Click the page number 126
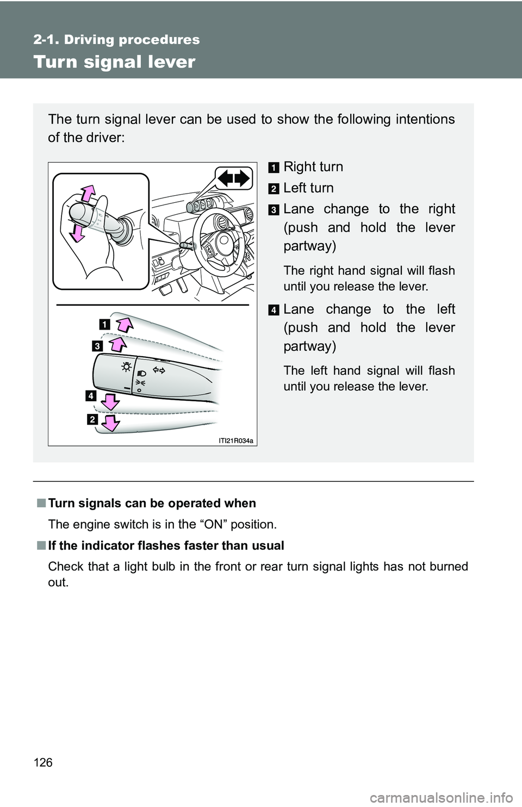[x=43, y=762]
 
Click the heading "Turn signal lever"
[x=114, y=62]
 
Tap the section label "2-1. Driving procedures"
[x=116, y=40]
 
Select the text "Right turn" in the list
[x=313, y=166]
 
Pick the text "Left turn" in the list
[x=308, y=188]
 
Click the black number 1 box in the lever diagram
[x=104, y=325]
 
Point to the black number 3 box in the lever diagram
[x=97, y=346]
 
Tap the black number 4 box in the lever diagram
[x=90, y=395]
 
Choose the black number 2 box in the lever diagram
[x=92, y=419]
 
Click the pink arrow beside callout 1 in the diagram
[x=125, y=325]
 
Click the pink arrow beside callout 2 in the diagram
[x=110, y=422]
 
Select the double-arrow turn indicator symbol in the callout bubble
[x=234, y=178]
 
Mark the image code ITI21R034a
[x=236, y=441]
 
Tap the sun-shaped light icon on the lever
[x=126, y=367]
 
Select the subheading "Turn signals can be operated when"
[x=152, y=503]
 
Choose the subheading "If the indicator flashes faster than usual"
[x=166, y=545]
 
